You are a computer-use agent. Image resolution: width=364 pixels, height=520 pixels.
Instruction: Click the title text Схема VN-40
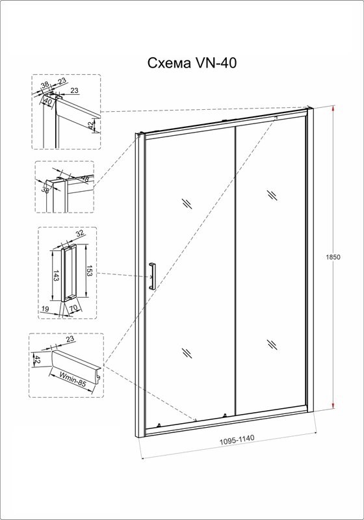192,62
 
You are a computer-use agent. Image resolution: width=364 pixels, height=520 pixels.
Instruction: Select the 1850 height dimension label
333,257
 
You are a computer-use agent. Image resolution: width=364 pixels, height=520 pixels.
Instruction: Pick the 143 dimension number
56,275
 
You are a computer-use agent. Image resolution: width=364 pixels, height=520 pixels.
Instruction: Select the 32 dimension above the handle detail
79,233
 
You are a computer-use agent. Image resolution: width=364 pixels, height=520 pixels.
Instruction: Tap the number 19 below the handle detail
45,309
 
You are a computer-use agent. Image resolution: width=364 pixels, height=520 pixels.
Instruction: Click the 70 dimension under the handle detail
73,308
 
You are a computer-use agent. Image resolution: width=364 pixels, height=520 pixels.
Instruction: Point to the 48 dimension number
85,179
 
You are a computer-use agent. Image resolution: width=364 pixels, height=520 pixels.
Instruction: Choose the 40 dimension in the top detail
48,102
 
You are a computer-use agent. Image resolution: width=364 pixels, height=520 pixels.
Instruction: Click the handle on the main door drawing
152,276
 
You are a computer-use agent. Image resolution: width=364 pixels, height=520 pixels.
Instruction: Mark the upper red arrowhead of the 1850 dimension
333,110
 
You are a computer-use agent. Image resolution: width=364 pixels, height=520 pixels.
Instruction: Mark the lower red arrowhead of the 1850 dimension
333,406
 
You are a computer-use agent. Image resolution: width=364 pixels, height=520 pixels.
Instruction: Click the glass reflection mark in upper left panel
187,203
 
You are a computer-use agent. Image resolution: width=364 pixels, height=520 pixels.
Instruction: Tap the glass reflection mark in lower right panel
272,344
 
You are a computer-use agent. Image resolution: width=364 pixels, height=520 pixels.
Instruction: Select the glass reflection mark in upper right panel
273,195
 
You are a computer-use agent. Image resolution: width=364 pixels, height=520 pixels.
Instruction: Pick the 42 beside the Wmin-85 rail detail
38,360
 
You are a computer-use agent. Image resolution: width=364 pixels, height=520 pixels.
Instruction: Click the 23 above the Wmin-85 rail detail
70,339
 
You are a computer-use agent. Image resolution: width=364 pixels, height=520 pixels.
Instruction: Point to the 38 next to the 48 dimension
45,190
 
